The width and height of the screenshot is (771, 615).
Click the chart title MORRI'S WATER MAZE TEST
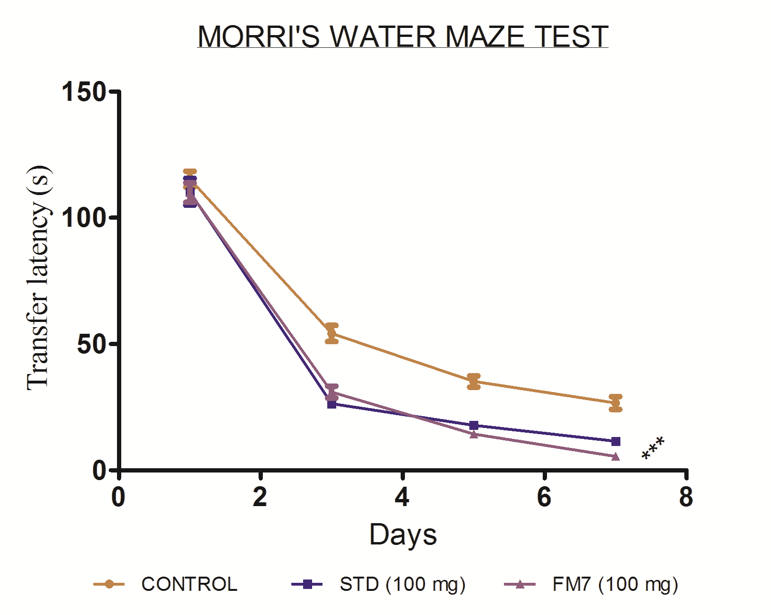(403, 36)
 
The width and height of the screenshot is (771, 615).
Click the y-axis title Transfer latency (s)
(38, 278)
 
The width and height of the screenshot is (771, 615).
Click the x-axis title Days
(403, 535)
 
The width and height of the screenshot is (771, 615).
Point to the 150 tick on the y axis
(84, 91)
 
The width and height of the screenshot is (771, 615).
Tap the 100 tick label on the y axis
(84, 218)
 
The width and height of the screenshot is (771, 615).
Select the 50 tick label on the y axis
(91, 344)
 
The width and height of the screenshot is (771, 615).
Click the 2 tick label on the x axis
(260, 498)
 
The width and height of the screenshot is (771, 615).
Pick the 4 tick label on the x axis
(402, 498)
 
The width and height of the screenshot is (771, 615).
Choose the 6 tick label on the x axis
(544, 498)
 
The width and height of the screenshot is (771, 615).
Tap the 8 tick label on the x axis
(686, 498)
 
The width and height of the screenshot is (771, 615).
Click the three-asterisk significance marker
(653, 448)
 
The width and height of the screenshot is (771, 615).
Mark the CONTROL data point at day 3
(332, 334)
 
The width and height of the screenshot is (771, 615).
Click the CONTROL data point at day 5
(474, 382)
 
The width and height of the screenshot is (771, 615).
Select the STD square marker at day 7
(616, 442)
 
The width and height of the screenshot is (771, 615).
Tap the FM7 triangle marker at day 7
(615, 456)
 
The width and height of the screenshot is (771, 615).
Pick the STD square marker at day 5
(474, 426)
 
